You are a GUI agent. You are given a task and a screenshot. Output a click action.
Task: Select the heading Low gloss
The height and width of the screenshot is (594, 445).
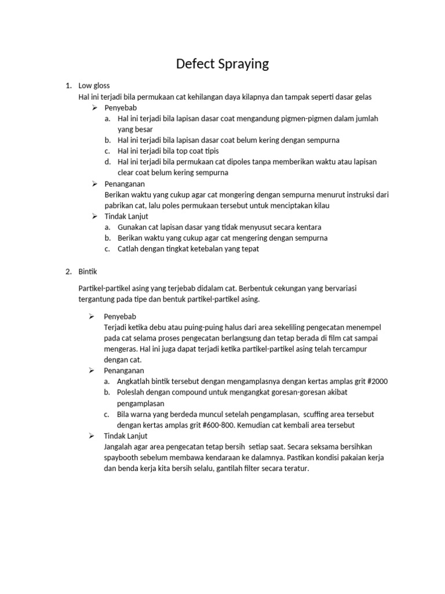pos(94,86)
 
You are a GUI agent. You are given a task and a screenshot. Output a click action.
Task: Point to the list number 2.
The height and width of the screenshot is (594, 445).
pos(68,271)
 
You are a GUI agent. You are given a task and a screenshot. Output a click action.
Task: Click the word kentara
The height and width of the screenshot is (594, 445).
pos(307,227)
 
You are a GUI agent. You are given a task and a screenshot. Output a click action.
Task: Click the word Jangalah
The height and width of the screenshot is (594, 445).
pos(121,447)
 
